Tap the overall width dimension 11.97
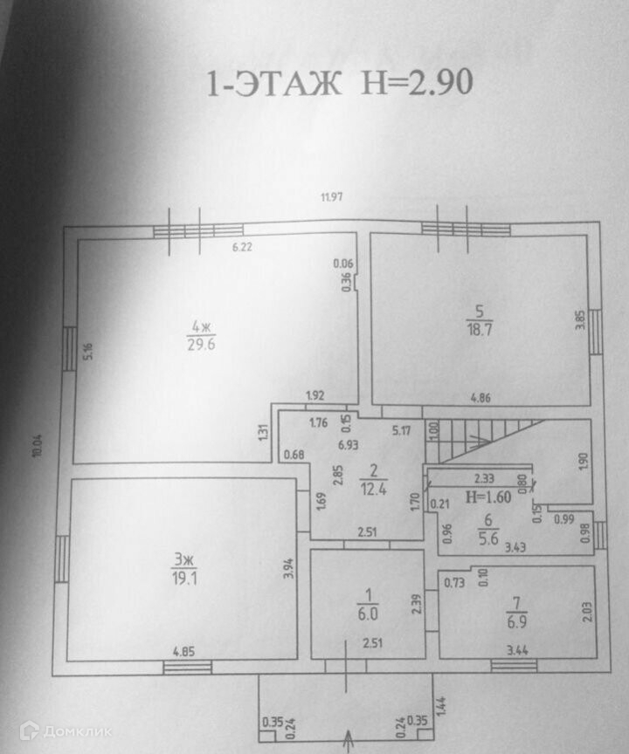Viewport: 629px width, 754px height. point(330,196)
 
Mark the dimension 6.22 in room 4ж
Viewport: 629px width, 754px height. point(242,248)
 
